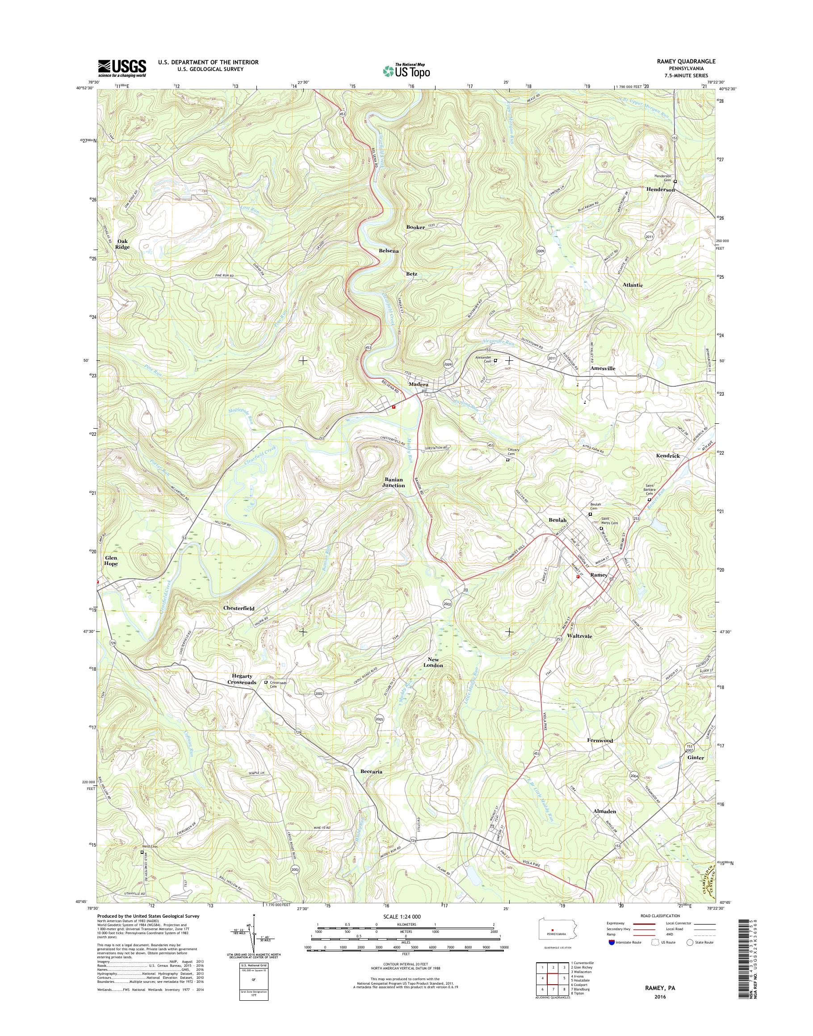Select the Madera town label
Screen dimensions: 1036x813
click(x=419, y=384)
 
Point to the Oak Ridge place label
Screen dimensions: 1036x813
click(x=123, y=244)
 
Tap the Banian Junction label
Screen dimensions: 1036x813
click(x=393, y=483)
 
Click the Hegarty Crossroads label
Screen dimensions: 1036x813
click(x=242, y=679)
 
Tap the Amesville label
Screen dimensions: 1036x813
click(x=603, y=369)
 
